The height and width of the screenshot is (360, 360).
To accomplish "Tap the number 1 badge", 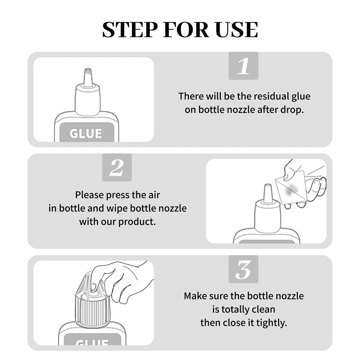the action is [243, 66].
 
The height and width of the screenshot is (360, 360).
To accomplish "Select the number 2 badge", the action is [117, 167].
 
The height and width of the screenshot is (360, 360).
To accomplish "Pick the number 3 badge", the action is [243, 269].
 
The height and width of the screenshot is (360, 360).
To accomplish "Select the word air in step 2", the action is [154, 195].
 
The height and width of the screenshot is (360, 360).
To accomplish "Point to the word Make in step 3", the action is [194, 296].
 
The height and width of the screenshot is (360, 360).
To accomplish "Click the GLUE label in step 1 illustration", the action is [86, 133].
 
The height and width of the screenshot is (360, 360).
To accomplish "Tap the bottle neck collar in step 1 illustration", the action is [88, 100].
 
